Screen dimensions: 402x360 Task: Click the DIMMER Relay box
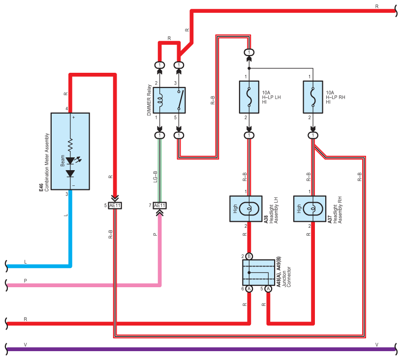tap(169, 100)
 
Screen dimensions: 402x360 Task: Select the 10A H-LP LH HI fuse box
tap(249, 97)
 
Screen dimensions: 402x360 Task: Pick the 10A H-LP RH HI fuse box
tap(313, 97)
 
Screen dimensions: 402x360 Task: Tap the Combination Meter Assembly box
tap(70, 151)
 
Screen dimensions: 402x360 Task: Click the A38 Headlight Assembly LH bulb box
tap(246, 209)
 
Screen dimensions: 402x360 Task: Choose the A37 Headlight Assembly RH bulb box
tap(309, 209)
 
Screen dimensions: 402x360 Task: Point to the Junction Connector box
tap(258, 272)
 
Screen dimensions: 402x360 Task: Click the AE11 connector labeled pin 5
tap(115, 206)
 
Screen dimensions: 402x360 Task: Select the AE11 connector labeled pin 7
tap(159, 206)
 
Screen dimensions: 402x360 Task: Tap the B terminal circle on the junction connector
tap(249, 256)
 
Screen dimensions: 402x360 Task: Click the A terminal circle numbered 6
tap(249, 289)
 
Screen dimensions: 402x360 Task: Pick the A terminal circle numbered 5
tap(268, 289)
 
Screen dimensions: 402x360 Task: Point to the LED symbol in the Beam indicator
tap(70, 161)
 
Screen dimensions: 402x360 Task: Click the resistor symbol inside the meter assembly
tap(70, 145)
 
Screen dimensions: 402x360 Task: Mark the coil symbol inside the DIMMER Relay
tap(160, 100)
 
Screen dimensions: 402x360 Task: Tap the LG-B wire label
tap(155, 177)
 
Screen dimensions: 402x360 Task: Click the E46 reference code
tap(41, 187)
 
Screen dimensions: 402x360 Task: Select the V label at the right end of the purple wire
tap(376, 345)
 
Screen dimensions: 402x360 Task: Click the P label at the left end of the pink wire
tap(26, 281)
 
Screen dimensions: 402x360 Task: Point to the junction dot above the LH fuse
tap(249, 68)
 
